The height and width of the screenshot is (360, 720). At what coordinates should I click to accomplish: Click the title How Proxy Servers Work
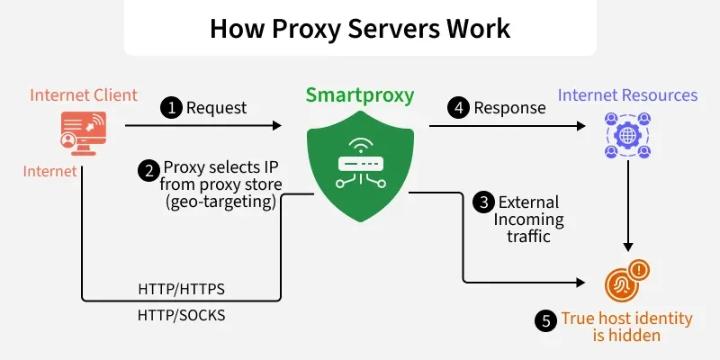[360, 28]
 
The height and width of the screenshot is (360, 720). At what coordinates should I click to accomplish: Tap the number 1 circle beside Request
[171, 108]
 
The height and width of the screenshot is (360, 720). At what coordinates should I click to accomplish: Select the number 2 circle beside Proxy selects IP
[148, 171]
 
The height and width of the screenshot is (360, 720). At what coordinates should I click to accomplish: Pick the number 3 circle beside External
[483, 202]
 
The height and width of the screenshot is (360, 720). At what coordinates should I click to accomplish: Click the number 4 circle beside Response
[459, 108]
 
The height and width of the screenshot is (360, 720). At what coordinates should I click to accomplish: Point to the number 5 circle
[546, 320]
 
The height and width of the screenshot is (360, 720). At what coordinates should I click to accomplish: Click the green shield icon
[361, 166]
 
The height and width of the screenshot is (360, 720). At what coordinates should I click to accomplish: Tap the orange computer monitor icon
[83, 133]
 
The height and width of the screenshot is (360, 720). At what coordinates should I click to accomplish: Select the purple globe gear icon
[627, 136]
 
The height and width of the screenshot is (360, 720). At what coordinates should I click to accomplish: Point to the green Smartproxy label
[360, 95]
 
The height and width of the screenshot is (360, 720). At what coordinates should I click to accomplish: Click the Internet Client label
[84, 95]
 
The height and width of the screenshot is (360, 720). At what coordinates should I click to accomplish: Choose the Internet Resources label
[627, 95]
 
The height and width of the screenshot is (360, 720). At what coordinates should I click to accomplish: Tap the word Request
[216, 108]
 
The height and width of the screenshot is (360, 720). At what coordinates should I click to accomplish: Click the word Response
[509, 108]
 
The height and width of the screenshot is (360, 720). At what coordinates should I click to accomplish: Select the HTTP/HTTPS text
[182, 289]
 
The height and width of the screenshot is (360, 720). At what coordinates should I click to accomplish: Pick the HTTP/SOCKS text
[182, 316]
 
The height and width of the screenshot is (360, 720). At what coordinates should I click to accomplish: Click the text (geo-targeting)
[220, 202]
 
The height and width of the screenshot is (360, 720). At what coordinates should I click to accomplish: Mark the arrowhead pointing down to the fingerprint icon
[628, 247]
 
